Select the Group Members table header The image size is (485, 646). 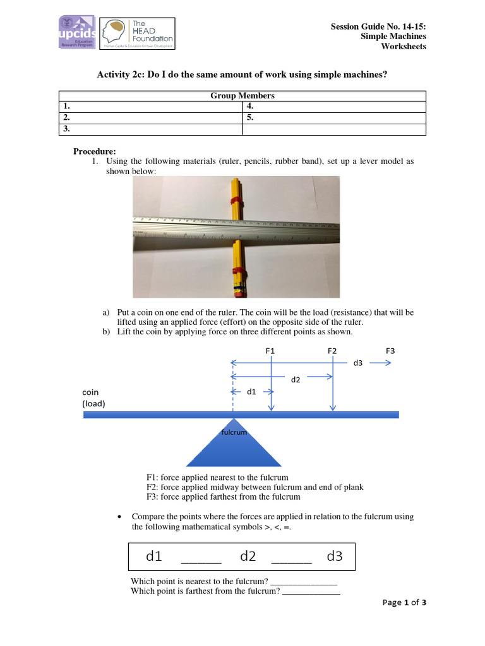tap(242, 96)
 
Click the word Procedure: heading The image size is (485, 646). tap(95, 151)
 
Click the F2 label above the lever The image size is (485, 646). tap(332, 350)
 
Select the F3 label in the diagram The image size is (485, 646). tap(390, 350)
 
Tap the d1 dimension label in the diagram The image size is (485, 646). tap(251, 392)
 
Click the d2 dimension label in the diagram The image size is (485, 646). tap(296, 380)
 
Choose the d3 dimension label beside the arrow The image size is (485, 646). tap(357, 363)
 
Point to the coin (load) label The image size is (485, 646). tap(93, 397)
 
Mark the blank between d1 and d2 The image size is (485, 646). tap(201, 559)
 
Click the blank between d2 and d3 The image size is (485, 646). tap(291, 559)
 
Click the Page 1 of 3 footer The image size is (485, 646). tap(404, 602)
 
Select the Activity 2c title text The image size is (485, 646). tap(242, 74)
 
